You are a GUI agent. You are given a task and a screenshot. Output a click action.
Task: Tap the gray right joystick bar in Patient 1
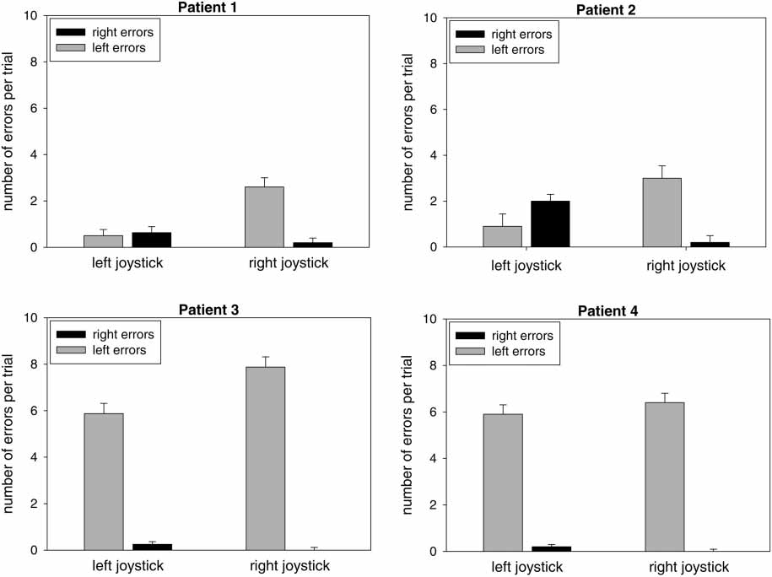(x=264, y=217)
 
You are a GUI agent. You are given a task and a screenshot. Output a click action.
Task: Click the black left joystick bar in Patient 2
(x=549, y=224)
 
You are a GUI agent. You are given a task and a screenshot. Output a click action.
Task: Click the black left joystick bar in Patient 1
(x=152, y=240)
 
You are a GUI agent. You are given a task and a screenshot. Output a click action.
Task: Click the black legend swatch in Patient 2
(x=470, y=35)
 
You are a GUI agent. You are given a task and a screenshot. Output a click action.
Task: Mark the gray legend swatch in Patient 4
(x=470, y=352)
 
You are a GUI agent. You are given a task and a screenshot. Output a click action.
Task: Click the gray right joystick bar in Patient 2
(x=664, y=212)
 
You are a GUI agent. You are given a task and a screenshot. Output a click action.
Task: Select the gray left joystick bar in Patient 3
(x=104, y=481)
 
